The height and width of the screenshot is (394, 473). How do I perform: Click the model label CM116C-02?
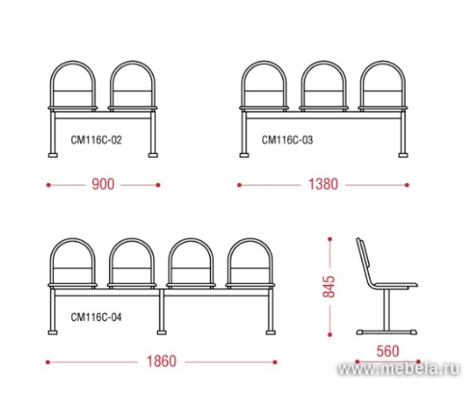coord(96,140)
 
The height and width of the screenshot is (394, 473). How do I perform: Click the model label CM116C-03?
coord(287,140)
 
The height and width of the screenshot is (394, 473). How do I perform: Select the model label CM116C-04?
coord(96,317)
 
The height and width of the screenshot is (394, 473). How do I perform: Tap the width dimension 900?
coord(103,184)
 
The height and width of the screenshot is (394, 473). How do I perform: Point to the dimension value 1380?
coord(323,184)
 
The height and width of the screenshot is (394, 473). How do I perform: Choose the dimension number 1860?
coord(161,362)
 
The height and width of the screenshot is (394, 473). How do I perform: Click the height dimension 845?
coord(329,286)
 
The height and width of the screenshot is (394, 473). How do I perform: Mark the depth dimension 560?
coord(388,351)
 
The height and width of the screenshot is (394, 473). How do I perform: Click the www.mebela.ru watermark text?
coord(399,369)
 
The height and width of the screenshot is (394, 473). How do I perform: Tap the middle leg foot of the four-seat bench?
coord(162,333)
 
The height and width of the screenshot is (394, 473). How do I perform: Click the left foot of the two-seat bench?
coord(53,156)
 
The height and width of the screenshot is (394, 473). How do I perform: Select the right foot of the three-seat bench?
coord(404,156)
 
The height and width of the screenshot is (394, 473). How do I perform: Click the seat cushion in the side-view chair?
coord(395,285)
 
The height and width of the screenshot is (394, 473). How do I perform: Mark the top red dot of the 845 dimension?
coord(330,239)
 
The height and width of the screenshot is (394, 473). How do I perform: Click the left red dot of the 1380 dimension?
coord(239,185)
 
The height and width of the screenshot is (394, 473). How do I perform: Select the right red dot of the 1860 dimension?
coord(275,362)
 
